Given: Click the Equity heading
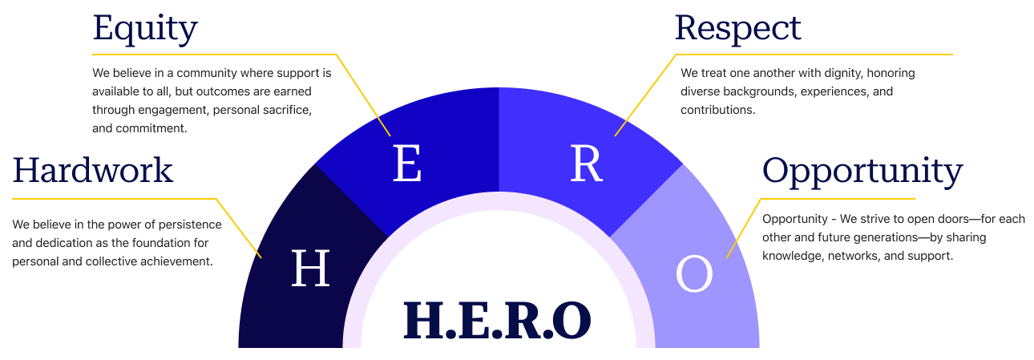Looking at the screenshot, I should [x=144, y=29].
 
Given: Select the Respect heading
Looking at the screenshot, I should [x=737, y=29].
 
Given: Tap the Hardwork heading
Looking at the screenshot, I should [x=92, y=170].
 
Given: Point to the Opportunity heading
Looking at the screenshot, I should [x=862, y=171].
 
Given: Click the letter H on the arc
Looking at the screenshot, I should [x=310, y=269].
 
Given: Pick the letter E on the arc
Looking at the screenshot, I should [x=407, y=164].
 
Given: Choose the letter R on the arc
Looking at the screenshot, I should [x=586, y=164].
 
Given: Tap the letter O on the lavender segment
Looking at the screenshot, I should [x=694, y=274].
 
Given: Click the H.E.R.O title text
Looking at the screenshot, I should [x=498, y=319].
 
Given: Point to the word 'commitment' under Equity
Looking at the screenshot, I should [x=151, y=127].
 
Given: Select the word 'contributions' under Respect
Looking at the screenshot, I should [x=717, y=110].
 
